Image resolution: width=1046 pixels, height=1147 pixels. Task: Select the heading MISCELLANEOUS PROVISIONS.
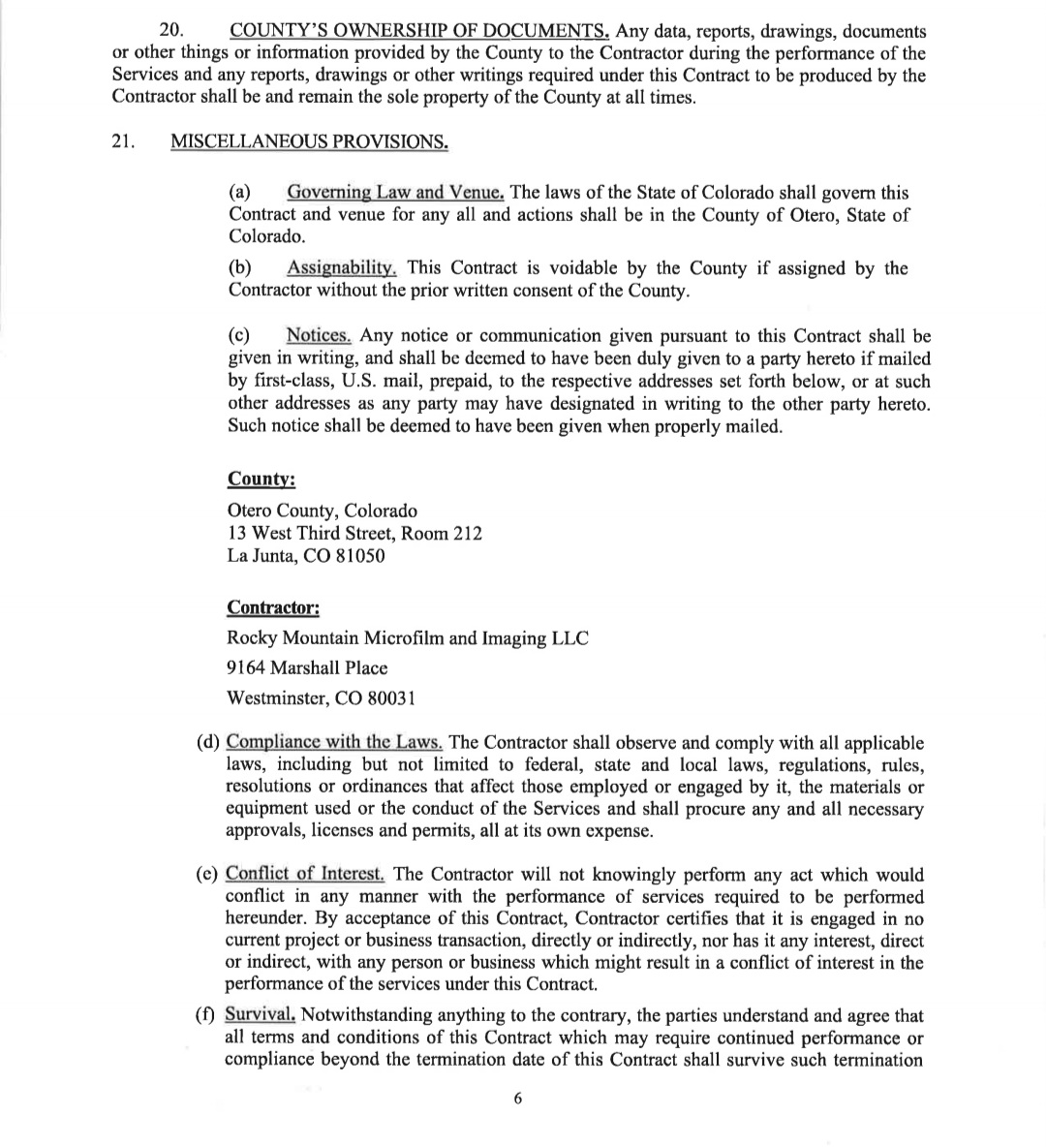point(309,141)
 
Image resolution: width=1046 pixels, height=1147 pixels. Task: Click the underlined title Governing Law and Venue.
point(395,193)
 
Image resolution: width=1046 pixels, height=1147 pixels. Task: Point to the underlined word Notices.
point(318,336)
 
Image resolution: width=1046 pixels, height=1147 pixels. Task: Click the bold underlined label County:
point(261,480)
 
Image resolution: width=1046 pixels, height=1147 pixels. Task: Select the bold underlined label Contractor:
point(273,607)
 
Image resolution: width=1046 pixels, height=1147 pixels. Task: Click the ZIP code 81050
point(359,556)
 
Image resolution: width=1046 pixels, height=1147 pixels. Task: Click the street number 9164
point(246,668)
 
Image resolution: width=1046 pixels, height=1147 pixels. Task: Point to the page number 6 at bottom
point(518,1099)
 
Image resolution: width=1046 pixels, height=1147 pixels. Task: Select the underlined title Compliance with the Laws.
point(334,743)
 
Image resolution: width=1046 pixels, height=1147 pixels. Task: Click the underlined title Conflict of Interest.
point(305,874)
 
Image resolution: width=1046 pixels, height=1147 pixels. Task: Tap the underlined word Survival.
point(261,1015)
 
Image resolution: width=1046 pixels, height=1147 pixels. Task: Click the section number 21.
point(122,141)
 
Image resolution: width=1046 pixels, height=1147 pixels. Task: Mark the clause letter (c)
point(239,336)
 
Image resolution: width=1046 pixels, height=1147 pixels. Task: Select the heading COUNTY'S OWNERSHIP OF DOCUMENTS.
point(419,32)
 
